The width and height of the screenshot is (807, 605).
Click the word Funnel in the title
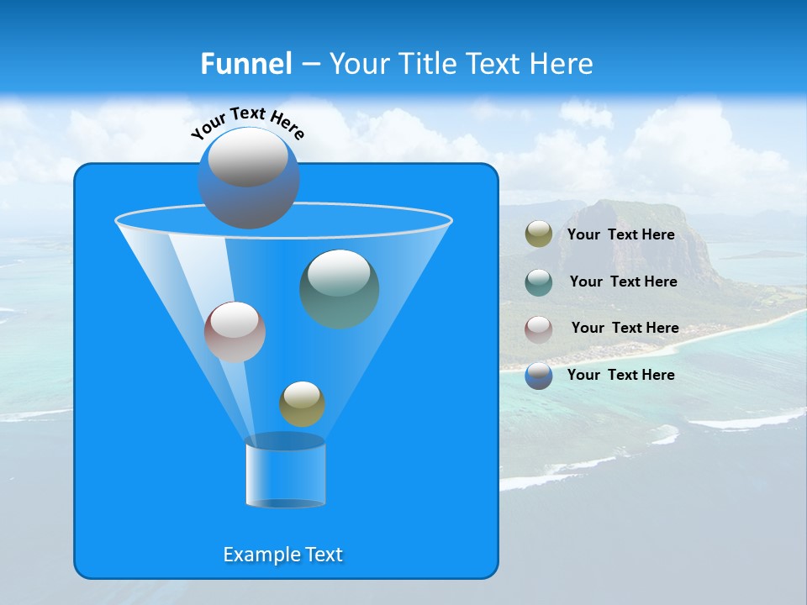[x=246, y=63]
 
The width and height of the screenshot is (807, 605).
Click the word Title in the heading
[x=427, y=63]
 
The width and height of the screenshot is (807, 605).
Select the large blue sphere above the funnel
[x=248, y=178]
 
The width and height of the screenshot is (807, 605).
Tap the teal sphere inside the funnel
[x=340, y=290]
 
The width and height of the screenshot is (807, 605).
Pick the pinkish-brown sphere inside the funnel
[x=235, y=332]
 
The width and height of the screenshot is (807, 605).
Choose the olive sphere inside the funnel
[x=302, y=404]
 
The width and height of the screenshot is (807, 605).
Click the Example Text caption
[x=283, y=555]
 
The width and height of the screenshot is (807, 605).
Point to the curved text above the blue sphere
[x=248, y=123]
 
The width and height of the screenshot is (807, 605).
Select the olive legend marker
[x=539, y=234]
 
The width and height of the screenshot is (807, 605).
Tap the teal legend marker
[x=539, y=281]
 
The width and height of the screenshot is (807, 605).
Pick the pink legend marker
[x=539, y=329]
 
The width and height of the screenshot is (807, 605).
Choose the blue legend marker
[x=539, y=376]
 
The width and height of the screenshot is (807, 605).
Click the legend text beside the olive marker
[x=620, y=234]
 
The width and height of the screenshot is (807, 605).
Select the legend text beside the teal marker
[x=623, y=281]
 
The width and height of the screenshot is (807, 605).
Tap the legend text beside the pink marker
[x=625, y=328]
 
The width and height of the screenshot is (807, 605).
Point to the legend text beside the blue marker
[x=620, y=375]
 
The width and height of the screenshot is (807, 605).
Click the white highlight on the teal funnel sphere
[x=340, y=272]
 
